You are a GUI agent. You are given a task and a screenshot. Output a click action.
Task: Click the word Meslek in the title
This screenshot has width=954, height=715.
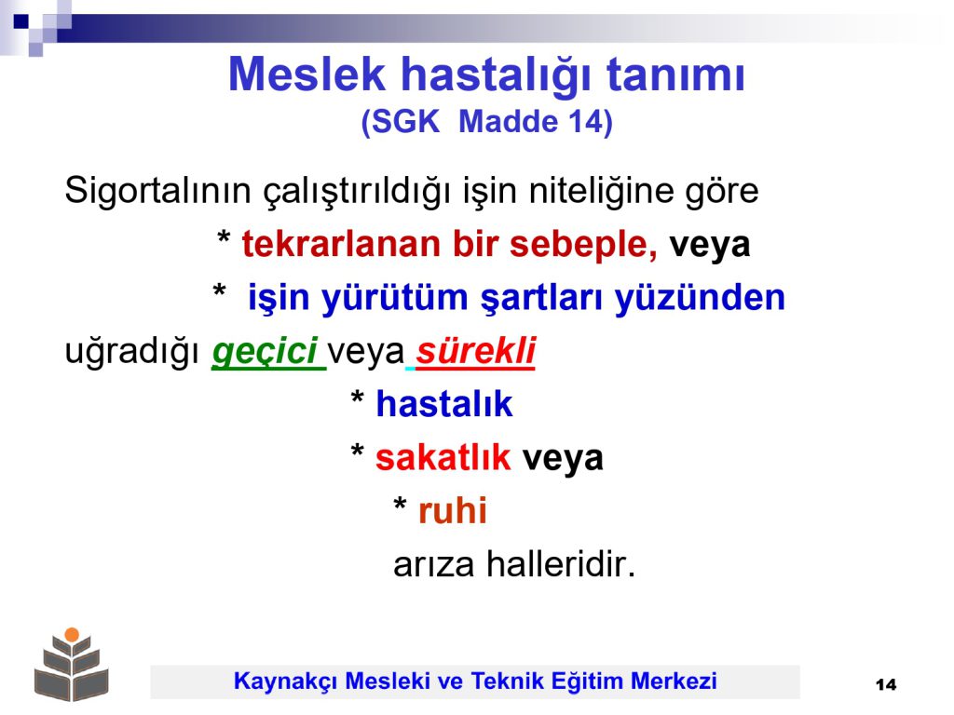tap(307, 74)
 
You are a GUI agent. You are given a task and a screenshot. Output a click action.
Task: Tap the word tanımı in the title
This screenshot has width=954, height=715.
tap(676, 74)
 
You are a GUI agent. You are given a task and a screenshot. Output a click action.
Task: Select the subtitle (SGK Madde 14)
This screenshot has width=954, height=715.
tap(486, 122)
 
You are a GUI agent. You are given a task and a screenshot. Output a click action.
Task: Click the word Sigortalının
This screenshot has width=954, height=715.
tap(157, 191)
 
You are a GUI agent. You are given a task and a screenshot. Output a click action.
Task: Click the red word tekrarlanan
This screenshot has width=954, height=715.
tap(341, 245)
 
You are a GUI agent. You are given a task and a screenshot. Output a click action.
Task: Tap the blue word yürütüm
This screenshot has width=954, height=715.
tap(394, 298)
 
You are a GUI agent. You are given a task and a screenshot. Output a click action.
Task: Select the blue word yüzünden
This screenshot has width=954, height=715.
tap(700, 298)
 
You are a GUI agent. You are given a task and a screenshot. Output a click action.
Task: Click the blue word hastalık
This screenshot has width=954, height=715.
tap(444, 404)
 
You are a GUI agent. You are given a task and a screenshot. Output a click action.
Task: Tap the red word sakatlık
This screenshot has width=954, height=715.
tap(443, 458)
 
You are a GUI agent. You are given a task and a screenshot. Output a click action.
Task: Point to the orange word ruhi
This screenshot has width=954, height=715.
tap(452, 511)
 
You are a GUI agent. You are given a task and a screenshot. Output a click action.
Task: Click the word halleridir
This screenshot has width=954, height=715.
tap(560, 564)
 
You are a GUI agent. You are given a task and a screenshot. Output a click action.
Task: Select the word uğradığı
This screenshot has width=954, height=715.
tap(132, 352)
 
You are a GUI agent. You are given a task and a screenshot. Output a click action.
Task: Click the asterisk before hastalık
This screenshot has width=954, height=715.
tap(357, 398)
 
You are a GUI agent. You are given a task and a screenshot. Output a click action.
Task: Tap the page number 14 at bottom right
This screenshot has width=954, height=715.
tap(886, 685)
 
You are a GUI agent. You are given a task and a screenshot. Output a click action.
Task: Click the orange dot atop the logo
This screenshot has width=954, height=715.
tap(72, 635)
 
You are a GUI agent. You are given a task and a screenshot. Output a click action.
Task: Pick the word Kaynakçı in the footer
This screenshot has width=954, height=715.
tap(285, 681)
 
